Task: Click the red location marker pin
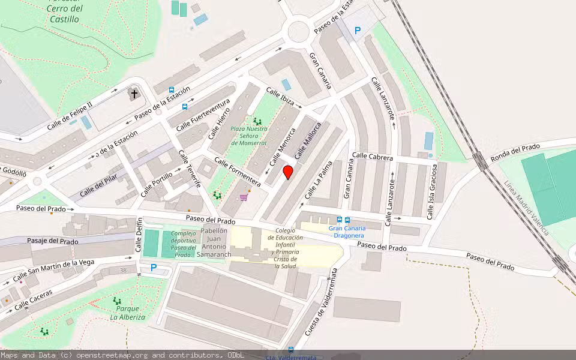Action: (288, 172)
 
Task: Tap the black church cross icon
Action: (134, 94)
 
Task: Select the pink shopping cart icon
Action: (244, 196)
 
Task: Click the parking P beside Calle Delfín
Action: (154, 268)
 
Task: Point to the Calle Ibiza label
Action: (280, 97)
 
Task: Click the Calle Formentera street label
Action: (238, 172)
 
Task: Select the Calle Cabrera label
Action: (373, 157)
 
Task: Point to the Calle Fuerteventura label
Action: (203, 113)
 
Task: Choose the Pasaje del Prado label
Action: (53, 241)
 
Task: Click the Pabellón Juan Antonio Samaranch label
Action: (215, 242)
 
